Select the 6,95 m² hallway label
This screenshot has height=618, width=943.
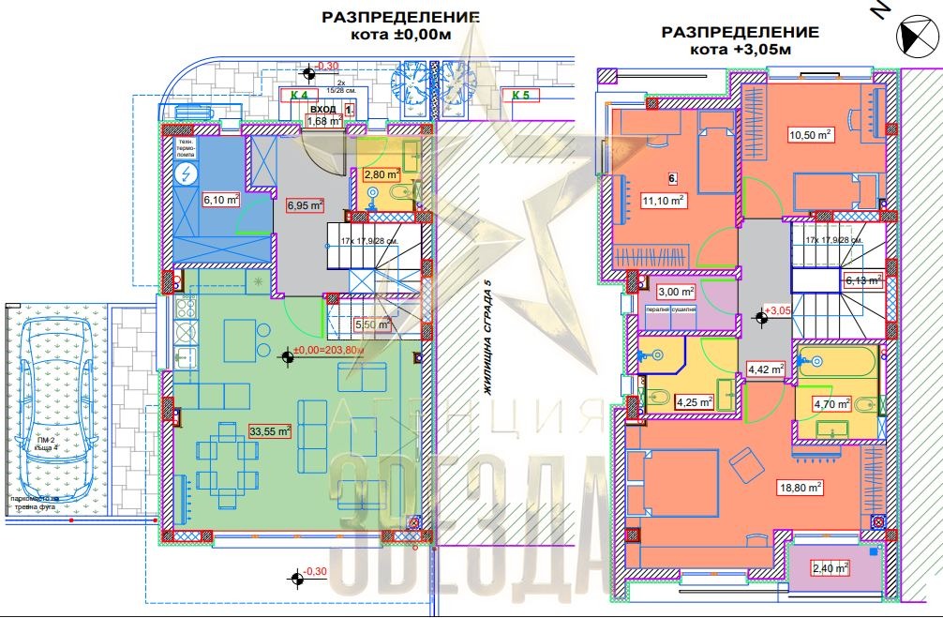click(x=305, y=205)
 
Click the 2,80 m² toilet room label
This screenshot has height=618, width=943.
click(x=382, y=173)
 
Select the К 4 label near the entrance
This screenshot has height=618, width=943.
click(x=299, y=95)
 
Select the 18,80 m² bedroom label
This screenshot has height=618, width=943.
click(x=800, y=487)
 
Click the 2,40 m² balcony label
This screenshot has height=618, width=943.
click(x=829, y=567)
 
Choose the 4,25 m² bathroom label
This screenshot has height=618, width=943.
click(x=695, y=402)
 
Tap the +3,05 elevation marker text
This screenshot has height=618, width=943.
click(x=779, y=310)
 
